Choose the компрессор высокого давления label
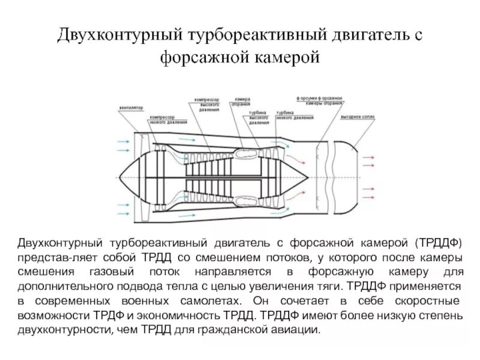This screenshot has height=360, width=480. tap(208, 103)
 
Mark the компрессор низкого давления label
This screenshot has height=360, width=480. tap(161, 119)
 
